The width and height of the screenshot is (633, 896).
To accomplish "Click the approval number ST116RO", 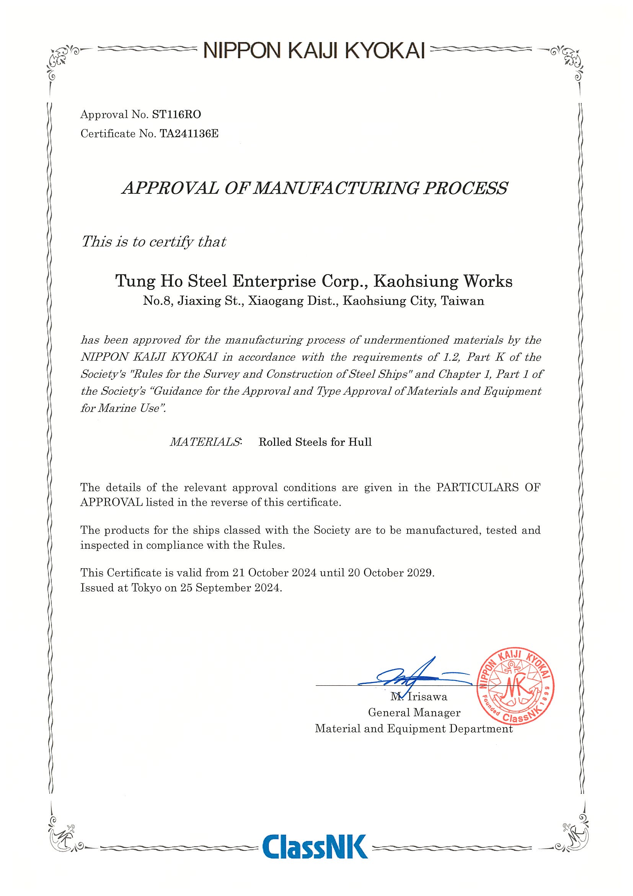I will click(177, 115).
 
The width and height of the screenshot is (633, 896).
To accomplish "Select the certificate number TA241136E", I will click(189, 134).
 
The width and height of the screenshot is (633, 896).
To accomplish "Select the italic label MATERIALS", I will click(206, 442).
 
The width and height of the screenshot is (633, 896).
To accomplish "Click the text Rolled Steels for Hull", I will click(315, 442).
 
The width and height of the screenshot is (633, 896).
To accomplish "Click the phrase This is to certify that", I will click(153, 242).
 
